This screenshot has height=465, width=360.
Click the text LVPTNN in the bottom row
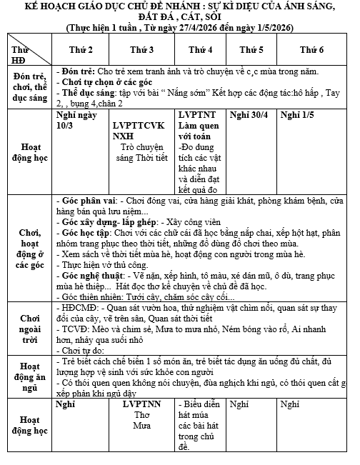[x=142, y=404]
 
